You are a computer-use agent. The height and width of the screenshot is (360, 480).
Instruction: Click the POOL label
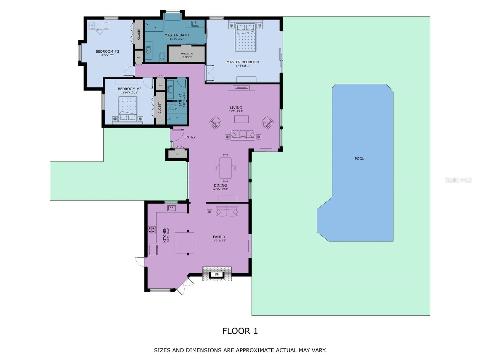pyautogui.click(x=359, y=159)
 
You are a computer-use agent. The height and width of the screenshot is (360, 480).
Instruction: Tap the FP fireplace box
pyautogui.click(x=217, y=275)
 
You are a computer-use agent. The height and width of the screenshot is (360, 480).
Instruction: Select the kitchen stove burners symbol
pyautogui.click(x=152, y=230)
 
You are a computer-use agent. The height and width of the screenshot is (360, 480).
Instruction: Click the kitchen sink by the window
pyautogui.click(x=172, y=208)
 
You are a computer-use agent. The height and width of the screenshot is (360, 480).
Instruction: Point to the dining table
pyautogui.click(x=225, y=168)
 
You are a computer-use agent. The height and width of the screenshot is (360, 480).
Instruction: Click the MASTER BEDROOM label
pyautogui.click(x=243, y=62)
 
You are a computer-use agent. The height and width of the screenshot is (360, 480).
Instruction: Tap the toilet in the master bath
pyautogui.click(x=162, y=56)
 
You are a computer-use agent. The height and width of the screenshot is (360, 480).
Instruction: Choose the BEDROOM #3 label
pyautogui.click(x=107, y=51)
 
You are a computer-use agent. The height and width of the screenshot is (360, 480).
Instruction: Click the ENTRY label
pyautogui.click(x=190, y=137)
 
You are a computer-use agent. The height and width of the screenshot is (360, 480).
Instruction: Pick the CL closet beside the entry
pyautogui.click(x=177, y=154)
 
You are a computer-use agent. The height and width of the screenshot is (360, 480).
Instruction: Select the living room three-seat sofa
pyautogui.click(x=243, y=135)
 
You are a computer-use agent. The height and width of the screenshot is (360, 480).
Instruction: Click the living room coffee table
pyautogui.click(x=241, y=119)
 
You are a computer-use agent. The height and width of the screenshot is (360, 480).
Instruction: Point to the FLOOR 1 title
pyautogui.click(x=240, y=331)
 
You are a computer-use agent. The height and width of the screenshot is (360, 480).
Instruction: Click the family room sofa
pyautogui.click(x=227, y=212)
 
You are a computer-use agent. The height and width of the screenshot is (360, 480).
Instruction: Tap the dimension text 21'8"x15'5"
pyautogui.click(x=236, y=112)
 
